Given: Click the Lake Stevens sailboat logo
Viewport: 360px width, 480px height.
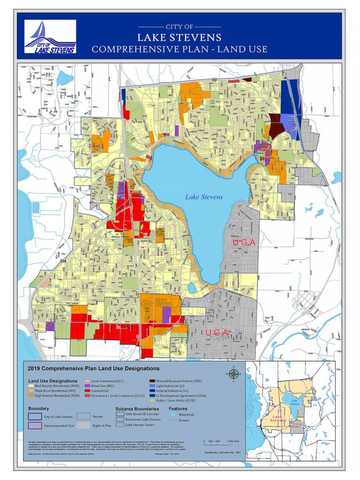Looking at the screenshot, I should tap(50, 37).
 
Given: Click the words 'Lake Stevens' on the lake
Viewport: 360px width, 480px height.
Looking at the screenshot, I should tap(203, 197).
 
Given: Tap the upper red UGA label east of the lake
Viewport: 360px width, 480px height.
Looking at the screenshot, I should tap(244, 242).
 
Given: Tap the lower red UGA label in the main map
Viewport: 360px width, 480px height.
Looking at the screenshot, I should tap(216, 333).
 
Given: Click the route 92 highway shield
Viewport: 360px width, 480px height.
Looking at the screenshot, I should tap(214, 80).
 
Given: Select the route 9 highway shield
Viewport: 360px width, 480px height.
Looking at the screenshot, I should tap(136, 265).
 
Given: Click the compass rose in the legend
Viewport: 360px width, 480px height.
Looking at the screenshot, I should tap(233, 374).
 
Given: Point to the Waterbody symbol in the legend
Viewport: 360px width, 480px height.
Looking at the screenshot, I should tap(172, 415).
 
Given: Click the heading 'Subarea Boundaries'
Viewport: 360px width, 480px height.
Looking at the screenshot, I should tap(136, 409).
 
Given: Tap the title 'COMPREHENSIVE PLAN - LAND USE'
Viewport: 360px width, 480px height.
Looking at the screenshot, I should tap(180, 49).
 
